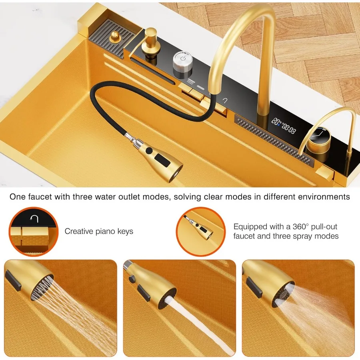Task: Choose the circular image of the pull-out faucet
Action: (x=200, y=231)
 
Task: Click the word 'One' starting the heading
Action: (x=17, y=197)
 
